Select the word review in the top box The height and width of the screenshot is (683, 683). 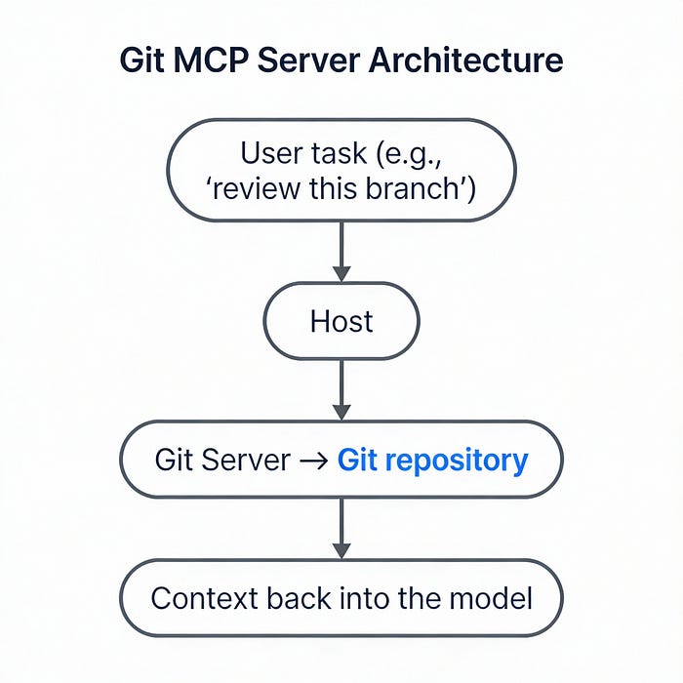click(x=256, y=187)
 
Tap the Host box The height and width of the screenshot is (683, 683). click(x=341, y=321)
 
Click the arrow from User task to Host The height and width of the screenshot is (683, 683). click(x=341, y=252)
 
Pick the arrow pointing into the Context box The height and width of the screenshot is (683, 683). click(x=341, y=529)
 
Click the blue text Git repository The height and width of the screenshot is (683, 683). click(x=432, y=460)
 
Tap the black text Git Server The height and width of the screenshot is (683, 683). click(x=222, y=460)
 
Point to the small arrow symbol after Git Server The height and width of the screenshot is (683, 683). click(x=313, y=461)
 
